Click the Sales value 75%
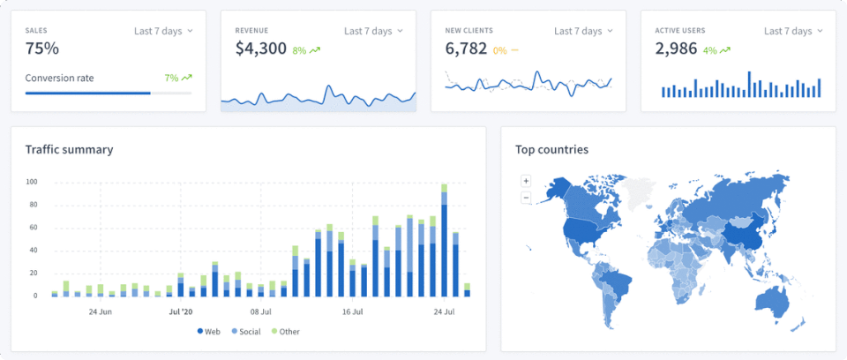[x=42, y=49]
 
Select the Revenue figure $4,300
[x=260, y=49]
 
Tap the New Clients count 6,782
[x=466, y=49]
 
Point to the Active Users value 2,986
[x=676, y=49]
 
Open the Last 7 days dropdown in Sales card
[x=163, y=31]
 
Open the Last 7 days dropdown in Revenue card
[x=373, y=31]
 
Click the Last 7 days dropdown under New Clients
[x=583, y=31]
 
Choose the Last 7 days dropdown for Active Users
[x=793, y=31]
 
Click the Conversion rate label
[x=59, y=78]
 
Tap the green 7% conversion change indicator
[x=177, y=78]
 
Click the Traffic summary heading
[x=69, y=149]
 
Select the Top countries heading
[x=551, y=149]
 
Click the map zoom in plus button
[x=526, y=181]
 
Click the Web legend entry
[x=209, y=331]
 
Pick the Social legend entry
[x=245, y=331]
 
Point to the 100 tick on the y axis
[x=32, y=183]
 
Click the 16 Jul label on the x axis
[x=353, y=311]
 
